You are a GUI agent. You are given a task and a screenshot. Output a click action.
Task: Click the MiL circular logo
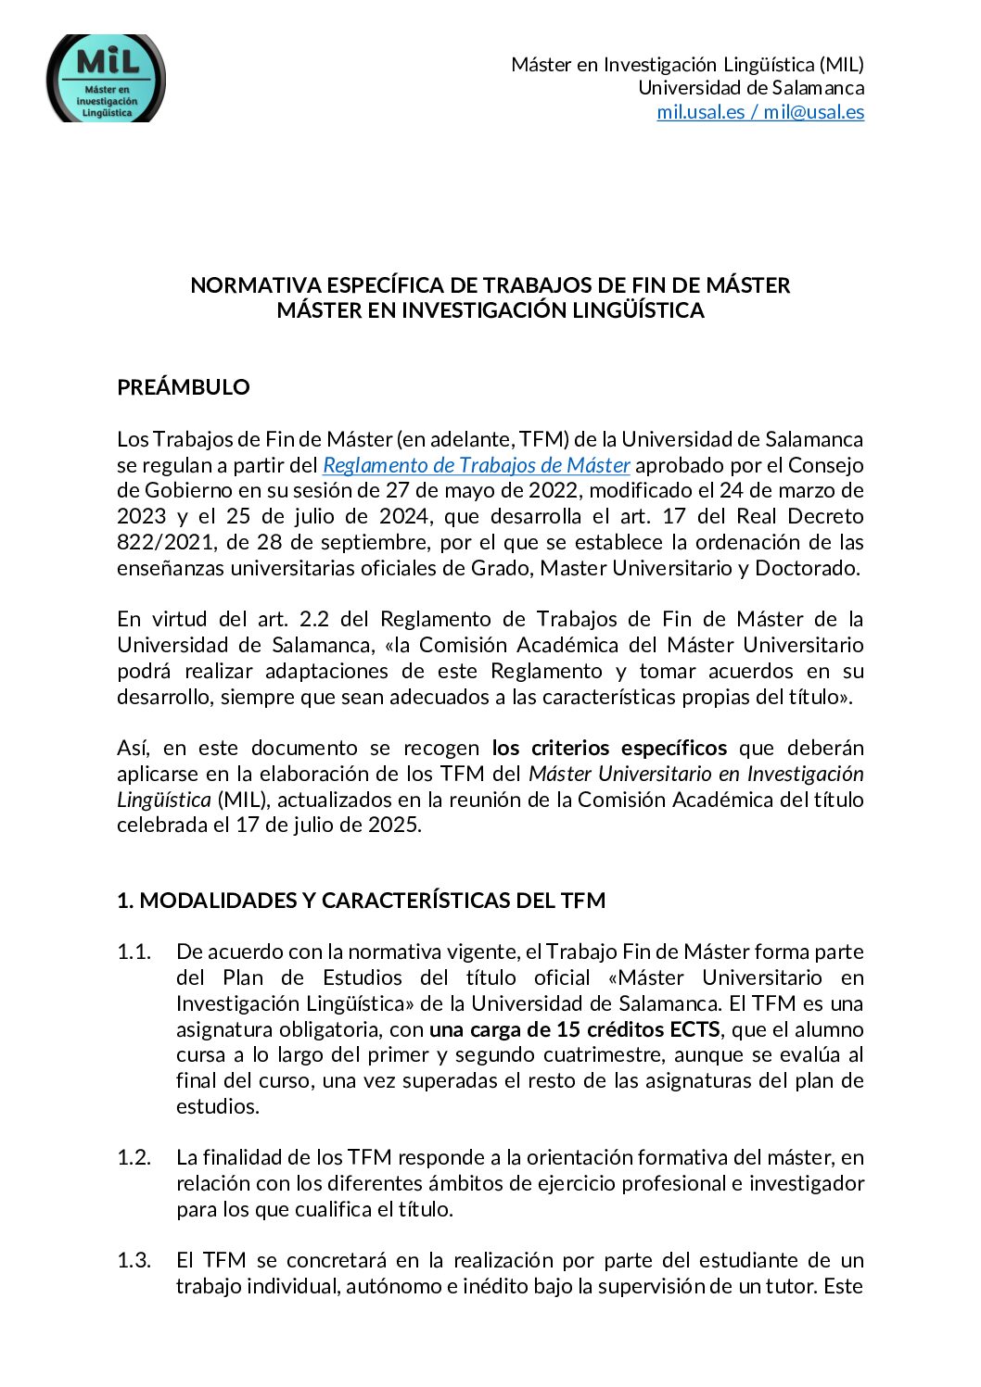pyautogui.click(x=106, y=80)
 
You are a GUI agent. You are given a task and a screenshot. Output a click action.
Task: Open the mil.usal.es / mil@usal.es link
pyautogui.click(x=760, y=112)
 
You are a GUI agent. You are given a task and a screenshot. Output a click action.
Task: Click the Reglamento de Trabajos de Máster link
pyautogui.click(x=477, y=465)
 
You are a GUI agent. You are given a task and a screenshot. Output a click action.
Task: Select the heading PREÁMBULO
pyautogui.click(x=184, y=387)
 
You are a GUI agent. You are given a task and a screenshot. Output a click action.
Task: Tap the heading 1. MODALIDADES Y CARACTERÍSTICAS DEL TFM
pyautogui.click(x=361, y=901)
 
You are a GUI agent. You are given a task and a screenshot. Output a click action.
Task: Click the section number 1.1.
pyautogui.click(x=134, y=952)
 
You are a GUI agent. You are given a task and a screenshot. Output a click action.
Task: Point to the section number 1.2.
pyautogui.click(x=134, y=1157)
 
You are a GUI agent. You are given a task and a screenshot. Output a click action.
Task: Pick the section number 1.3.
pyautogui.click(x=134, y=1260)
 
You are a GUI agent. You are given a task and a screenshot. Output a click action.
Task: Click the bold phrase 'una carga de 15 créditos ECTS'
pyautogui.click(x=575, y=1029)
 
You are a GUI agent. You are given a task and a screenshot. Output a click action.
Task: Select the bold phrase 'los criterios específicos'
pyautogui.click(x=609, y=748)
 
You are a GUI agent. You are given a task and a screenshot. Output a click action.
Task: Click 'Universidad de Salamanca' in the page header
pyautogui.click(x=751, y=88)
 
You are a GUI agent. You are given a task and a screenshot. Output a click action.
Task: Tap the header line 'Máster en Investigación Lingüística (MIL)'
pyautogui.click(x=687, y=64)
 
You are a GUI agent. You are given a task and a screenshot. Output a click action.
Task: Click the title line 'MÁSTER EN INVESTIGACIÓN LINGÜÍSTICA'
pyautogui.click(x=490, y=310)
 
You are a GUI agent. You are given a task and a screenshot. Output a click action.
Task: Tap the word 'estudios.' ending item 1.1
pyautogui.click(x=218, y=1106)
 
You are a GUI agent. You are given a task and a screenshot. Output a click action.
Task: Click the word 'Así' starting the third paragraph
pyautogui.click(x=132, y=748)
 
